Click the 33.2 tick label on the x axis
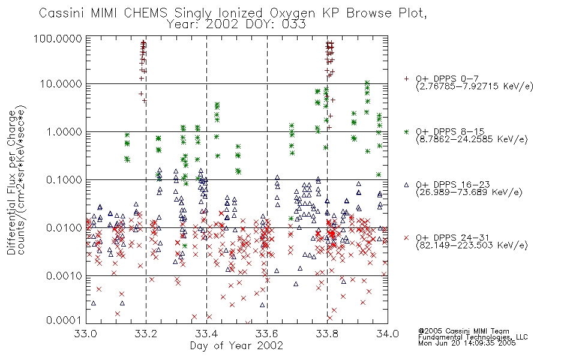point(146,334)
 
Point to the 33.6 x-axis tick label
point(267,334)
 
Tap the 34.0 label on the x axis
point(388,334)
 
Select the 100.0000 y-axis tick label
point(58,38)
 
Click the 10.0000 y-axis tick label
point(61,84)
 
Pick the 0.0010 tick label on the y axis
point(64,276)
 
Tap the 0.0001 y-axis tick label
point(64,320)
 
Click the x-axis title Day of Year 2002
point(236,346)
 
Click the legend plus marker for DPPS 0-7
point(406,79)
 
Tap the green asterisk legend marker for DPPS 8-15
point(406,131)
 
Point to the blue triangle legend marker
point(406,185)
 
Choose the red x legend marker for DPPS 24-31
point(406,238)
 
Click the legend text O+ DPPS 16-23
point(453,185)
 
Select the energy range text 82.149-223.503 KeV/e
point(472,245)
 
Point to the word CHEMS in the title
point(146,13)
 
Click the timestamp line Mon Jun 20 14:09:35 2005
point(467,343)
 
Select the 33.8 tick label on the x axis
point(328,334)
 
